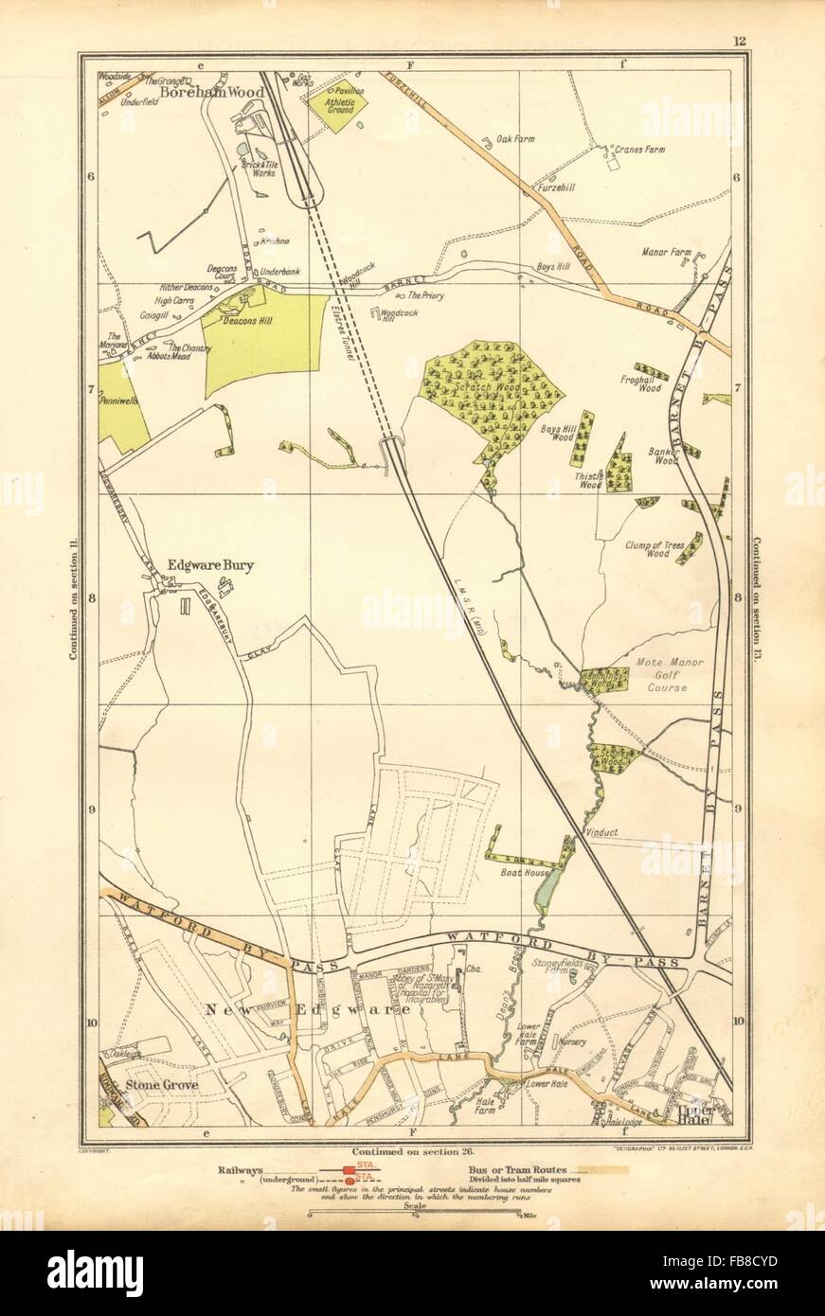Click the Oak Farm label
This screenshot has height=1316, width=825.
pyautogui.click(x=515, y=139)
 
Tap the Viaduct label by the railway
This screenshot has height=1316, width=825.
pyautogui.click(x=601, y=832)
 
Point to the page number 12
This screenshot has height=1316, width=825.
pyautogui.click(x=739, y=40)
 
